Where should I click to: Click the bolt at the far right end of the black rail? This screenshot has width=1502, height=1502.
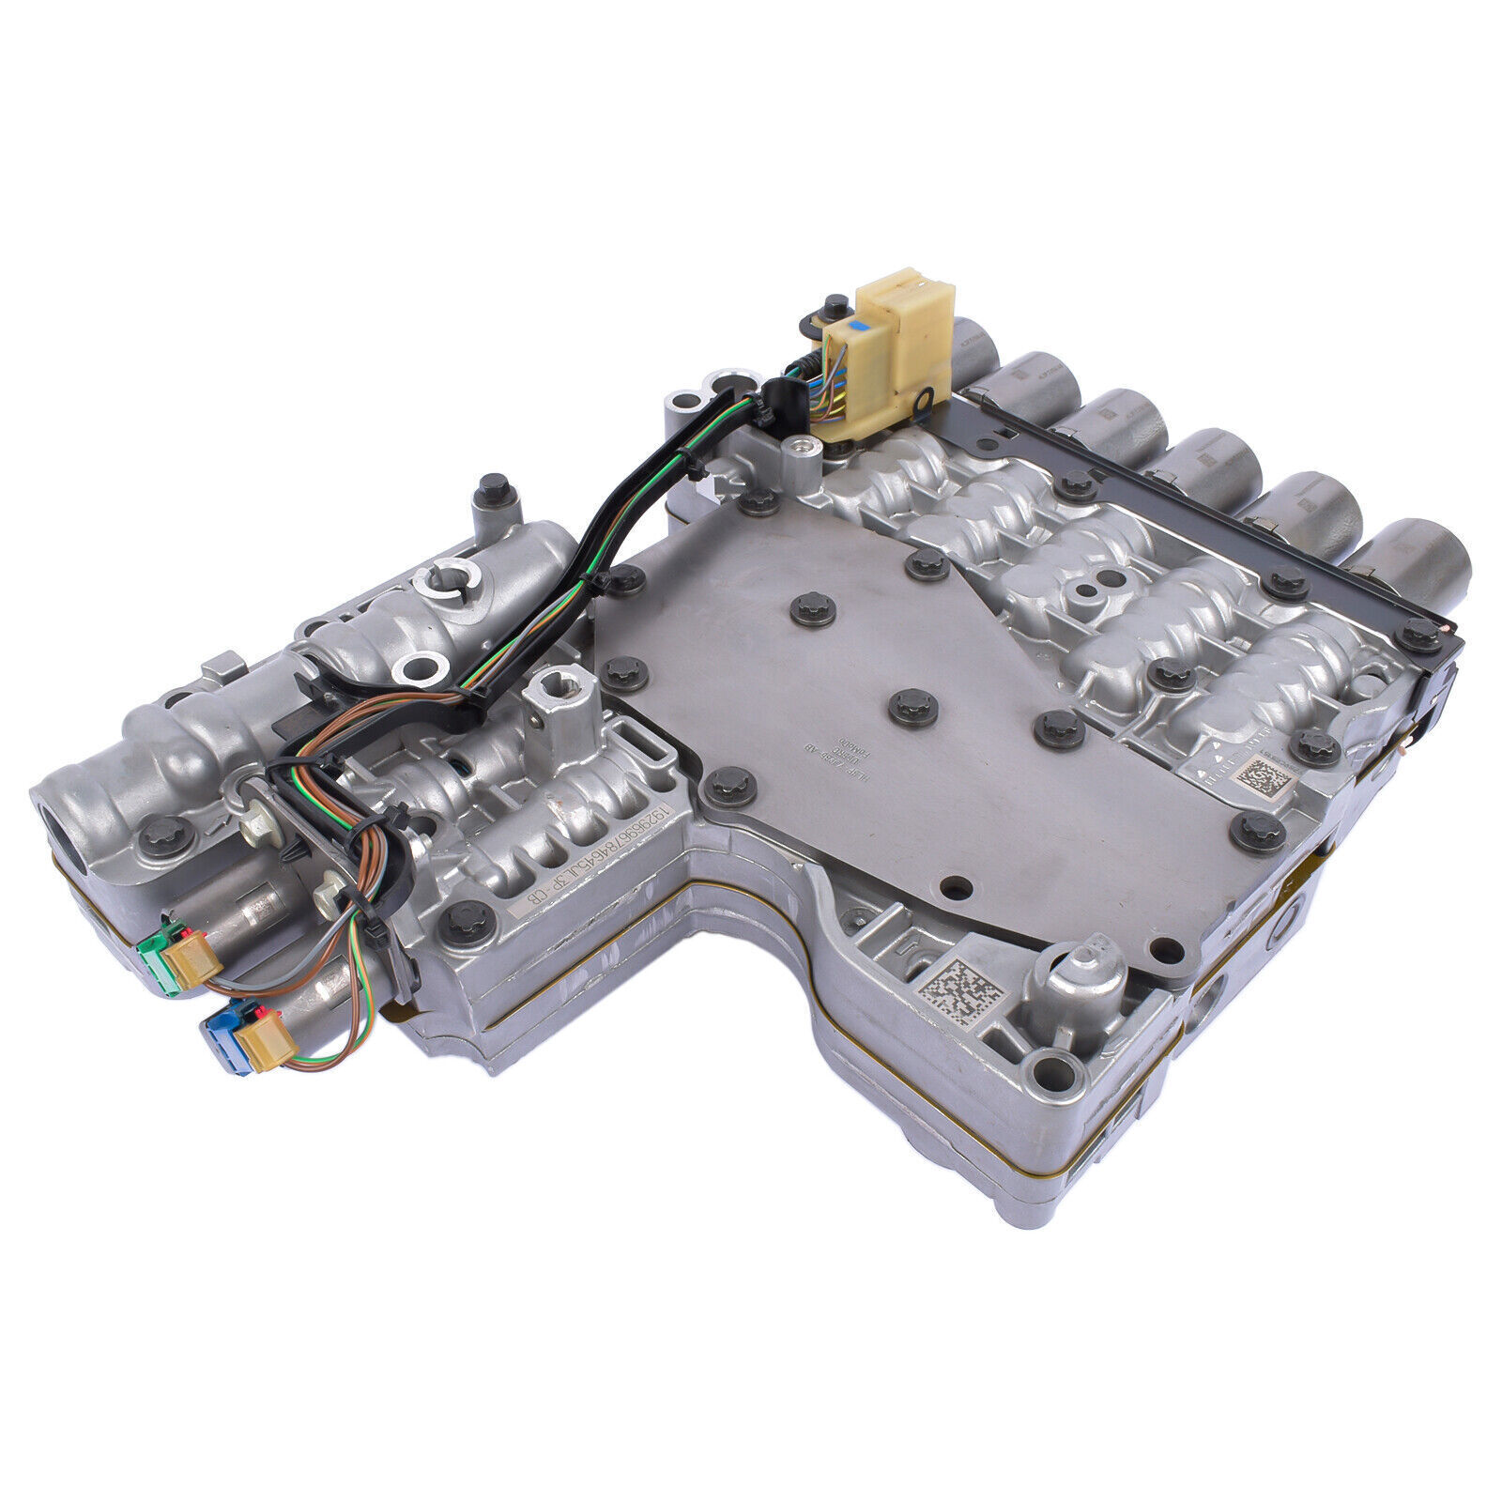(1423, 636)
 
